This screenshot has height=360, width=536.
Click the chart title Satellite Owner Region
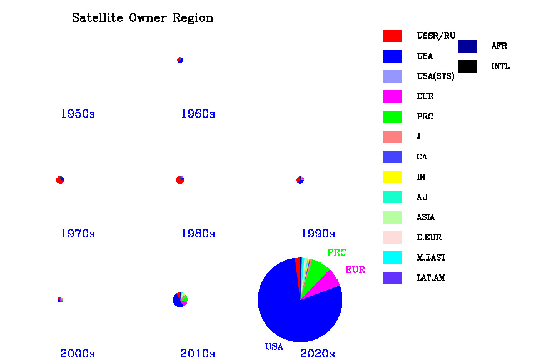143,18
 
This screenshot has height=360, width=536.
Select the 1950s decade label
78,114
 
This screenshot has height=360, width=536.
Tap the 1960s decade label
198,114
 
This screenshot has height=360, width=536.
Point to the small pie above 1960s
180,60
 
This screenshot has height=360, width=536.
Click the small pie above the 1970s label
60,180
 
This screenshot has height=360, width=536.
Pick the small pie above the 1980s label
180,180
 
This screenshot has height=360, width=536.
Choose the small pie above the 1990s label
300,180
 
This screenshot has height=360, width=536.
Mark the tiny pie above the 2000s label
60,300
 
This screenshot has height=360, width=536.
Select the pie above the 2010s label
180,300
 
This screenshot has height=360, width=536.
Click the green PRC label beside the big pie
336,252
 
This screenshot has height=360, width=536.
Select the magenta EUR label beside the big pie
355,270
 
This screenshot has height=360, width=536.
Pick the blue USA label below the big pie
274,347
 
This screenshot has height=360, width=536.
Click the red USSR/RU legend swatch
393,36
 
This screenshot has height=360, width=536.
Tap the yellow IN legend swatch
393,177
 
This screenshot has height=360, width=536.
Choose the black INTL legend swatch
467,66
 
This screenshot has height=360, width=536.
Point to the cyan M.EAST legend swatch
393,257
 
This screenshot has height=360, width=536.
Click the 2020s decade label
318,354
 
